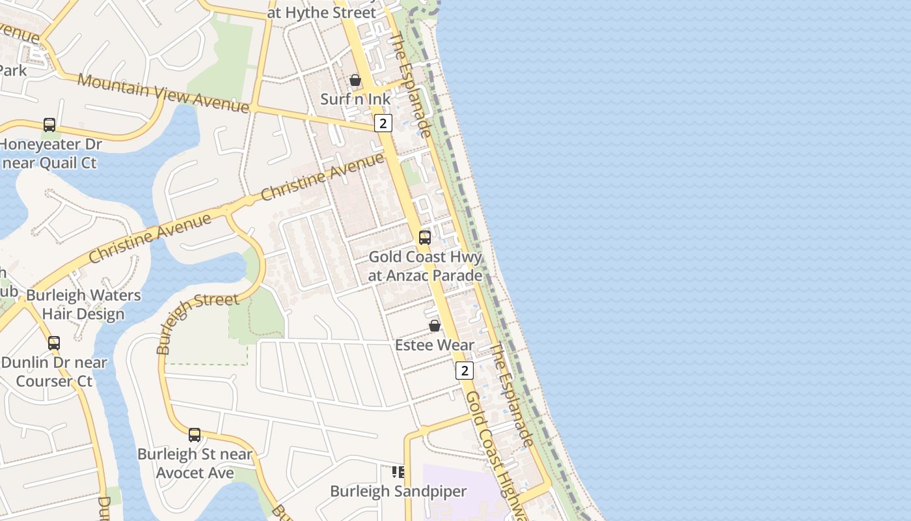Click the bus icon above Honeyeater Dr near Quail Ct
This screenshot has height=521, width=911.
[x=49, y=124]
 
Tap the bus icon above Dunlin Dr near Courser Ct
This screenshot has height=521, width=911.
[x=54, y=343]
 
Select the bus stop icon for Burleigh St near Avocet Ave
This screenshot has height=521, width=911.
[x=195, y=434]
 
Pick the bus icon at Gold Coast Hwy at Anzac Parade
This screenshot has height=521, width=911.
[x=425, y=238]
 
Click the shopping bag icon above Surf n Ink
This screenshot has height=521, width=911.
[x=355, y=80]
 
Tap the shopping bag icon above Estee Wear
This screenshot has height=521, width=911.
[x=435, y=326]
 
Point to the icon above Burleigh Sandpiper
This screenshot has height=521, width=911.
[x=398, y=472]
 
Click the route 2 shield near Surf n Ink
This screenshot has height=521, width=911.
[x=383, y=122]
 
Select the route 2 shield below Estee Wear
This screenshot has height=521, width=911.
[x=464, y=371]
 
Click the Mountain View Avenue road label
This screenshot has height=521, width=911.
[x=163, y=92]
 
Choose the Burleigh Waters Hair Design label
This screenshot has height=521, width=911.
[x=83, y=304]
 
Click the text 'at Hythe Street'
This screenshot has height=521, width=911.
[x=321, y=12]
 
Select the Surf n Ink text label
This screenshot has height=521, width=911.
[x=356, y=100]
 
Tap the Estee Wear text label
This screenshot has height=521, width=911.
[x=435, y=345]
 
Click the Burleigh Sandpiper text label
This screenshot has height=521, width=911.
[x=398, y=491]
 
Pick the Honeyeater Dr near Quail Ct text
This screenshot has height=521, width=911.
[x=51, y=153]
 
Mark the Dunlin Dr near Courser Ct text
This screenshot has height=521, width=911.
[x=54, y=371]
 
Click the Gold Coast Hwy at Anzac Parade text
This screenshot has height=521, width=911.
[x=426, y=266]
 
